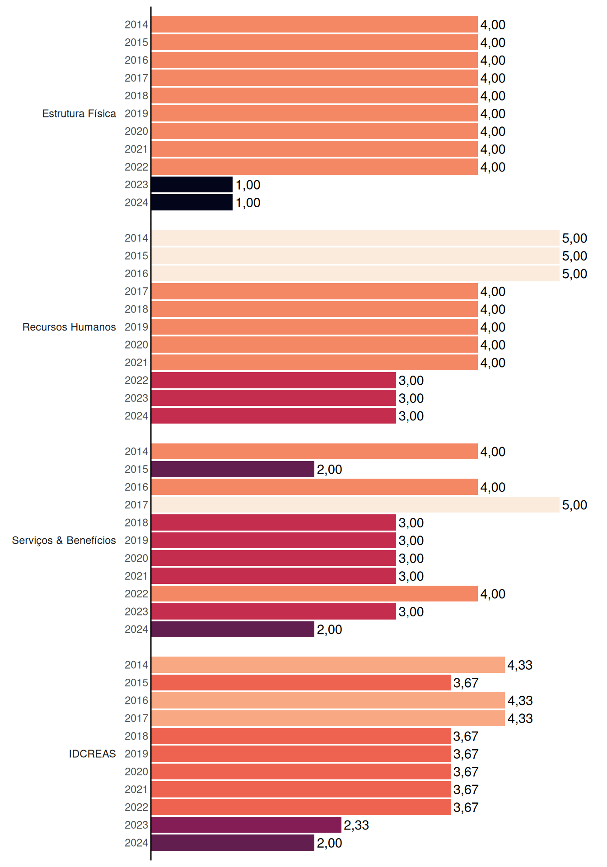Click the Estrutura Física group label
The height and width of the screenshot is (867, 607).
click(79, 113)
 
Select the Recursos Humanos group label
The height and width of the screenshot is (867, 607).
click(69, 327)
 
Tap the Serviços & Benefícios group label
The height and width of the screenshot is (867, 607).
click(64, 541)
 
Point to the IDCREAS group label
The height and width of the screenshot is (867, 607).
click(92, 754)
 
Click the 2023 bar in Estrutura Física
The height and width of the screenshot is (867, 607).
click(192, 185)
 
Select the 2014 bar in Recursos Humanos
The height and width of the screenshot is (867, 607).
click(355, 238)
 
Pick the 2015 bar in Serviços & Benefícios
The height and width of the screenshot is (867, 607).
click(233, 469)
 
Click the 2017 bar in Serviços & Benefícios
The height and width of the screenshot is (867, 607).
click(355, 505)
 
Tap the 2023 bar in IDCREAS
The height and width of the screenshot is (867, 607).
click(246, 825)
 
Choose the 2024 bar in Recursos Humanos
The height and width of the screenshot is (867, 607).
click(274, 416)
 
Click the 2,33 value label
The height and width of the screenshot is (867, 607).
click(356, 825)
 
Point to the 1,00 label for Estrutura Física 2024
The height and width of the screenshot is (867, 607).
click(248, 203)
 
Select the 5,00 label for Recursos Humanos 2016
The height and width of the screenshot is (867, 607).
click(574, 274)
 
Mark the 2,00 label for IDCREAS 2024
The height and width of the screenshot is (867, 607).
click(329, 843)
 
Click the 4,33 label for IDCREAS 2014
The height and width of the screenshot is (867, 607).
click(520, 665)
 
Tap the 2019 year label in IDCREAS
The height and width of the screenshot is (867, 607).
click(136, 754)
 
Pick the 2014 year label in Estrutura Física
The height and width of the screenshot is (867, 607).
click(136, 24)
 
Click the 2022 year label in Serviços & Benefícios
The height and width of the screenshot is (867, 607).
click(136, 594)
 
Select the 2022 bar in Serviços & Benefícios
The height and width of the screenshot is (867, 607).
click(314, 594)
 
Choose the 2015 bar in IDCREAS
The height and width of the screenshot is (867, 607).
click(301, 683)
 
